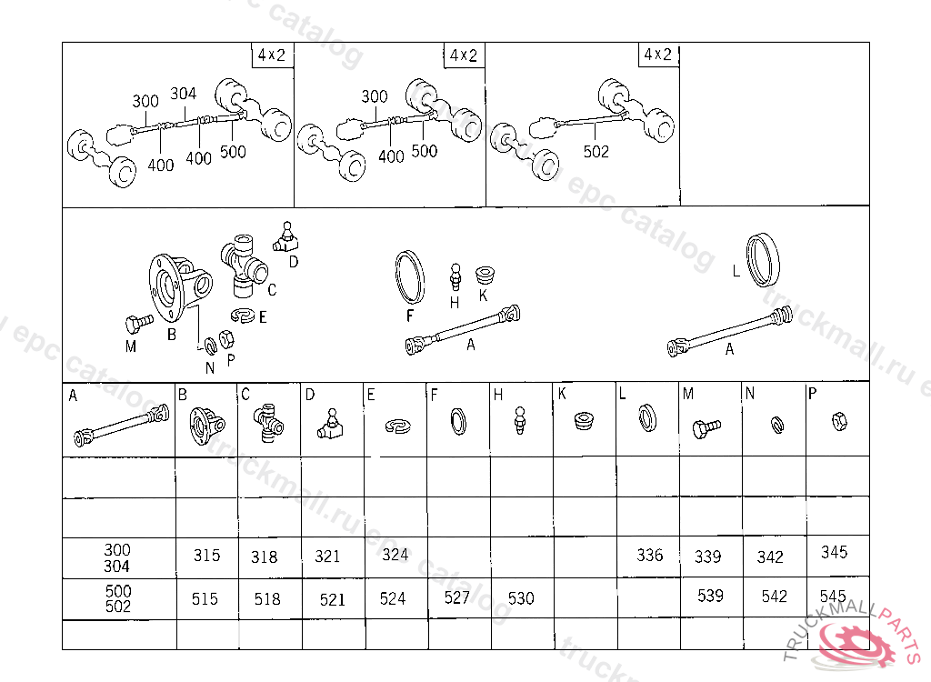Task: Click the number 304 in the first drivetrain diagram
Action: (184, 94)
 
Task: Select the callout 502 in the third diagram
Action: (596, 152)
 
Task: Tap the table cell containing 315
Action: (206, 557)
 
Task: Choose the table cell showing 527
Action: (457, 598)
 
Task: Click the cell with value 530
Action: (521, 598)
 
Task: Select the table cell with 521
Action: (333, 599)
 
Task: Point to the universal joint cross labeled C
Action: (244, 266)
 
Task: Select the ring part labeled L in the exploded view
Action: (765, 259)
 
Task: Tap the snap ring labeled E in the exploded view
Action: (243, 316)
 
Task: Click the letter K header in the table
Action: (563, 394)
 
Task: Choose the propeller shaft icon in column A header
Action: (121, 426)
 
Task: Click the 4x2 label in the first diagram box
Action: (271, 55)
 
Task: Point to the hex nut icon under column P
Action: (839, 420)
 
